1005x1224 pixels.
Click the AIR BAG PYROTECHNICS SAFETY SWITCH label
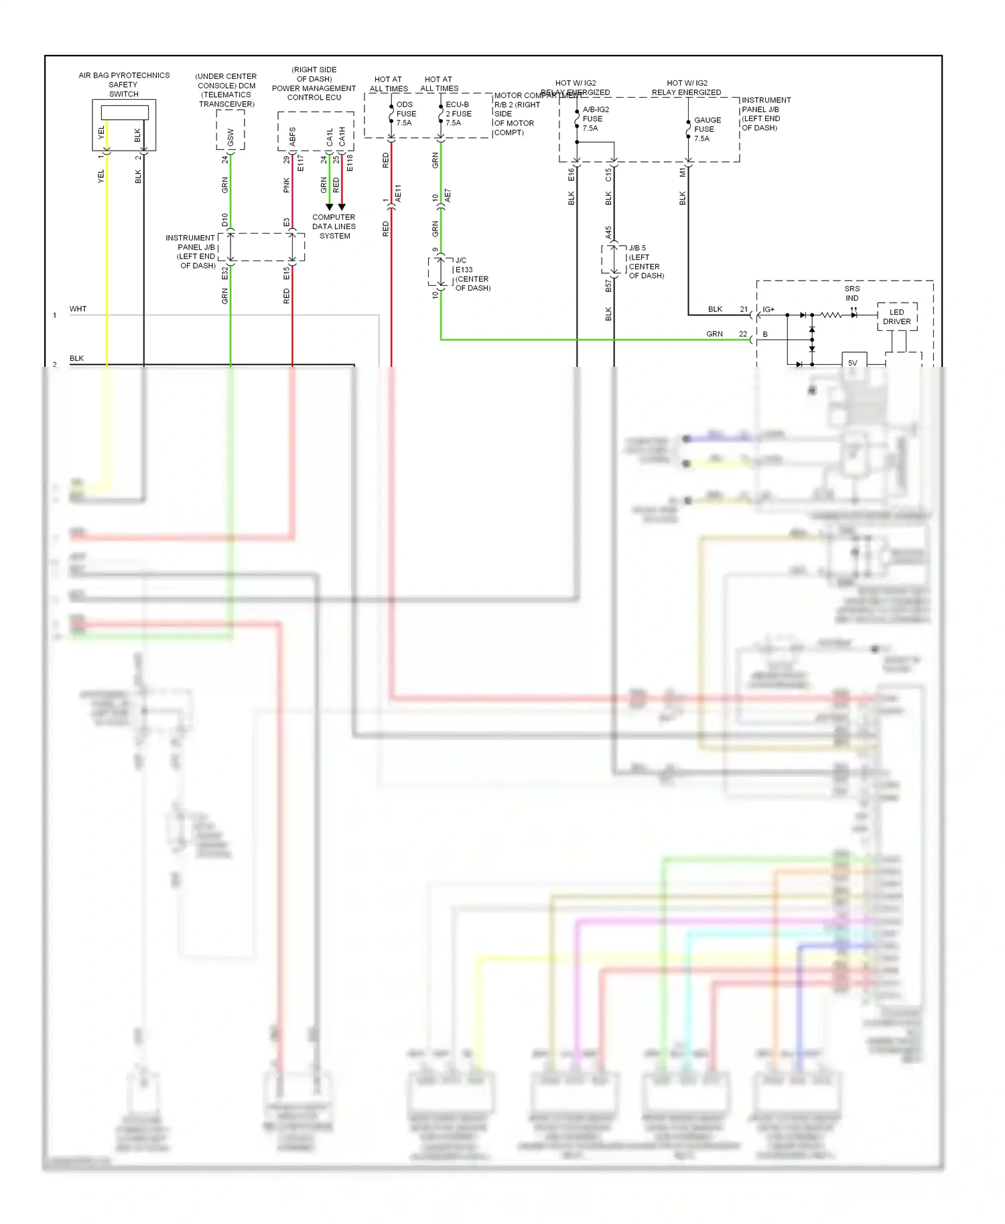pos(124,84)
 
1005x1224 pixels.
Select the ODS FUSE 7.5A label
pos(406,114)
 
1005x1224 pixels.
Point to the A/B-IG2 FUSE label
pos(595,119)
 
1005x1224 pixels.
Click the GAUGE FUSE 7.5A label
pos(707,129)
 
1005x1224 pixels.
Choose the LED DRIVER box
pos(896,317)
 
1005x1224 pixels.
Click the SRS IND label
pos(852,293)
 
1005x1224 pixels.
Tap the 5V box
pos(853,363)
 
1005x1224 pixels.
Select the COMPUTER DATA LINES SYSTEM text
pos(334,226)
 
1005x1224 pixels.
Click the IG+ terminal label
pos(768,309)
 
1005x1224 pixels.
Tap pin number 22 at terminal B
pos(742,333)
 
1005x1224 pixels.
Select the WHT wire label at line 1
pos(78,309)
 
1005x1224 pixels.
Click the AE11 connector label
pos(398,194)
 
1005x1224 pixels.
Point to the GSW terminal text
pos(230,137)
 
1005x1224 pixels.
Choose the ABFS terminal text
pos(293,137)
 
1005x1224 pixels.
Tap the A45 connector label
pos(608,232)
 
